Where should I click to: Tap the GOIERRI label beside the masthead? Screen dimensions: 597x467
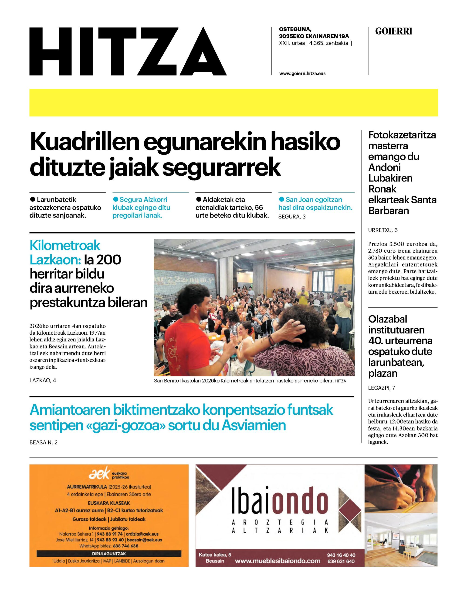coord(393,31)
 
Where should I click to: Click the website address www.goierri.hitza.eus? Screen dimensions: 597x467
coord(302,73)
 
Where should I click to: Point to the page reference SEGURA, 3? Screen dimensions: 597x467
coord(292,217)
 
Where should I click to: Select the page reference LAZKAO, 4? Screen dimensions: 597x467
coord(43,380)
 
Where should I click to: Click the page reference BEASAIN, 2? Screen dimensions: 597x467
coord(44,442)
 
